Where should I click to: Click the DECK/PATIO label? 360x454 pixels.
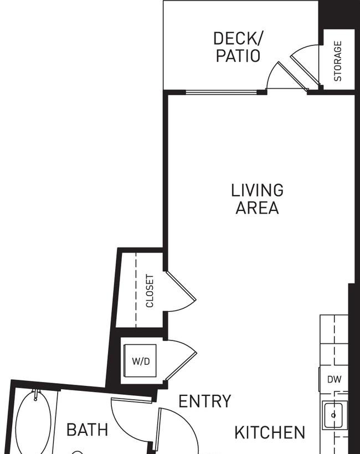pos(238,47)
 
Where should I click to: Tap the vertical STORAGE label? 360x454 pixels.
pos(338,61)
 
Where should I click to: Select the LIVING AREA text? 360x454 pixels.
pos(257,199)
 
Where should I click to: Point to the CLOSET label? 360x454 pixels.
pos(150,291)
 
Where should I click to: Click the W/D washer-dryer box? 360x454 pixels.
pos(141,360)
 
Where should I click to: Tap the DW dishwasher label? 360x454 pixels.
pos(334,379)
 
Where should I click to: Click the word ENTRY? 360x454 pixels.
pos(205,401)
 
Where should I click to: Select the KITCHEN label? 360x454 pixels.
pos(270,432)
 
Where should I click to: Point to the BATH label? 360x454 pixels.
pos(87,430)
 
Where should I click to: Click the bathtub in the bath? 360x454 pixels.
pos(33,423)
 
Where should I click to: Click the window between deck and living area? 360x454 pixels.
pos(221,92)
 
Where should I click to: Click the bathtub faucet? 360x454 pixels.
pos(36,395)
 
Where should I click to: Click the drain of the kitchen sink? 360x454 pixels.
pos(333,415)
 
